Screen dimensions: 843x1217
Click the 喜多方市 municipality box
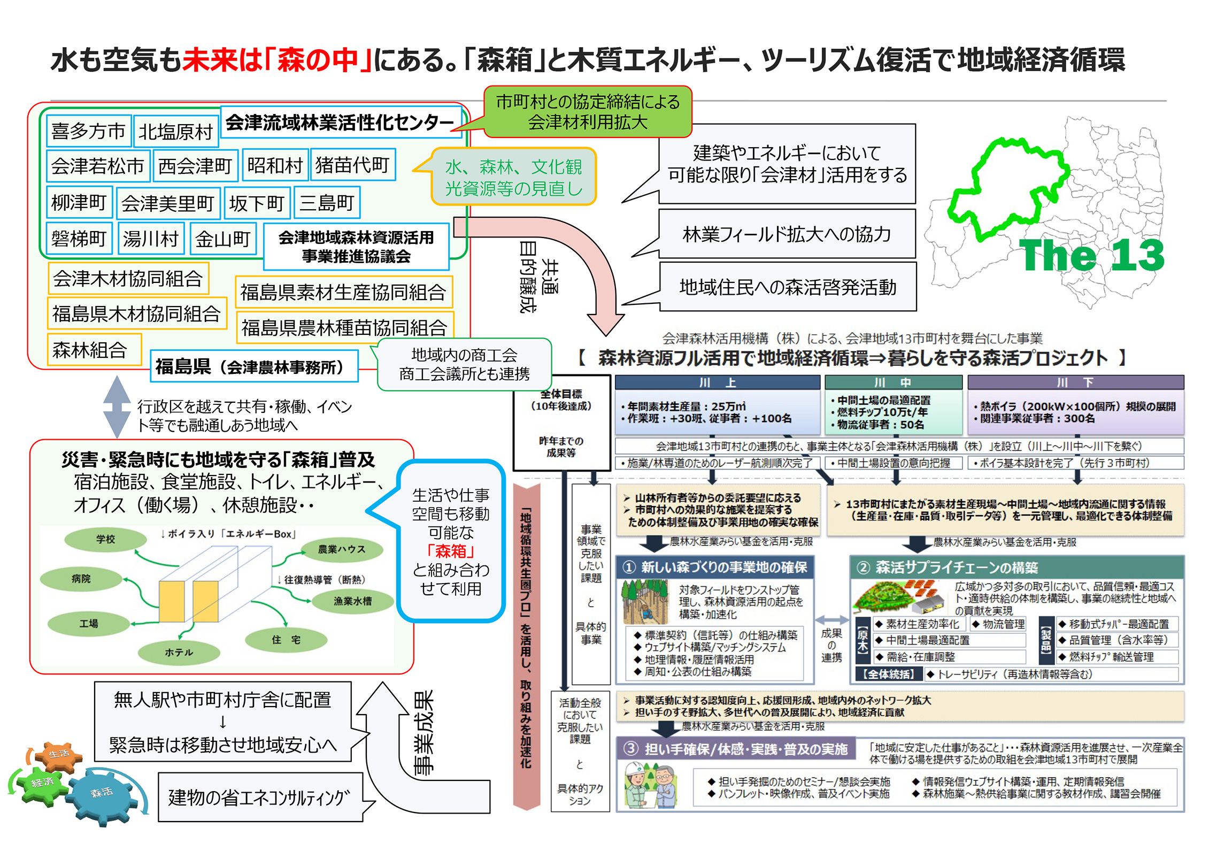[88, 131]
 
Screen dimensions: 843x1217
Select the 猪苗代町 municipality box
[352, 165]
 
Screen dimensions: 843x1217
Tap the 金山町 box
[222, 239]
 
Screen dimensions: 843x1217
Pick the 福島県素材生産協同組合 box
[343, 293]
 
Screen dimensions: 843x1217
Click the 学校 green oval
[105, 539]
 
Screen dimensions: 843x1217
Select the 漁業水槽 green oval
[352, 601]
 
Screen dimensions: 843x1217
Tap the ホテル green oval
[179, 652]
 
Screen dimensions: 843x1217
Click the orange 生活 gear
[59, 754]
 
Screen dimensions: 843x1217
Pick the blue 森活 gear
[102, 793]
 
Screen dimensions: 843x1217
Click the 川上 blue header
[717, 382]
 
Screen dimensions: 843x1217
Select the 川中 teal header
[893, 382]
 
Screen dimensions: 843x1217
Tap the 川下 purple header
[1075, 382]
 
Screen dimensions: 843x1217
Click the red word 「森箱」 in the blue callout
[450, 551]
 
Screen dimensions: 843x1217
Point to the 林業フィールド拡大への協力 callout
[787, 234]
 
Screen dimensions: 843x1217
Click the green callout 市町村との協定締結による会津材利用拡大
[588, 112]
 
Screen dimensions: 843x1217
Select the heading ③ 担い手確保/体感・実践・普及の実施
[738, 749]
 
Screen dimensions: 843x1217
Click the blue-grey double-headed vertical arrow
[117, 407]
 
